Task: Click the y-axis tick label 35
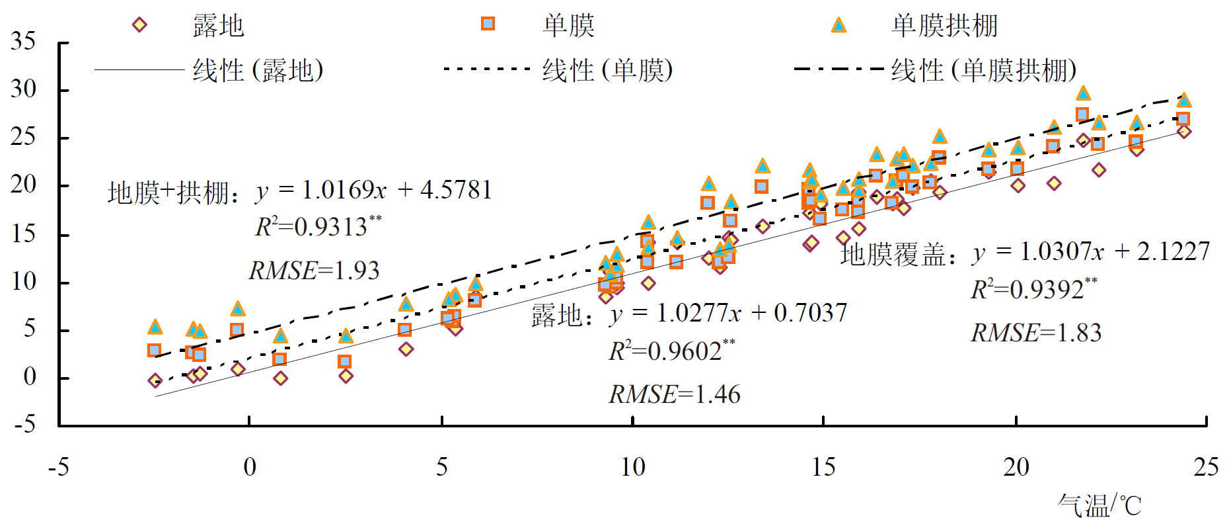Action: tap(23, 42)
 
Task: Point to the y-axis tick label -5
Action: tap(24, 423)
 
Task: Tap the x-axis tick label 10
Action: tap(632, 467)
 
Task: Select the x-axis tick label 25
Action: tap(1206, 467)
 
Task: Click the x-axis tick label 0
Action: tap(249, 467)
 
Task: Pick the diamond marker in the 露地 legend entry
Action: tap(139, 25)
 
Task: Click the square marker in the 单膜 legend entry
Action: tap(488, 24)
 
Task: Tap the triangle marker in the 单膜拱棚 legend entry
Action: tap(838, 25)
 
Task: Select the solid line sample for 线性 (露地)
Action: tap(139, 69)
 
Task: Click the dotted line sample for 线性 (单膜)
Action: tap(487, 69)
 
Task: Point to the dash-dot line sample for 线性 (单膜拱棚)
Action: tap(838, 69)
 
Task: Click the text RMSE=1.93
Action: tap(314, 271)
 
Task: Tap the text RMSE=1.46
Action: tap(674, 394)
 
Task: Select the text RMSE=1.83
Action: tap(1035, 333)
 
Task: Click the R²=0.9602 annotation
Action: tap(671, 351)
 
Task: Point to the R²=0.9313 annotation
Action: tap(318, 227)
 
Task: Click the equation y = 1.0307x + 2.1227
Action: tap(1090, 251)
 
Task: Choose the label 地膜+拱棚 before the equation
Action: tap(168, 193)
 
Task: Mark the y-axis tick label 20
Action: tap(23, 185)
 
